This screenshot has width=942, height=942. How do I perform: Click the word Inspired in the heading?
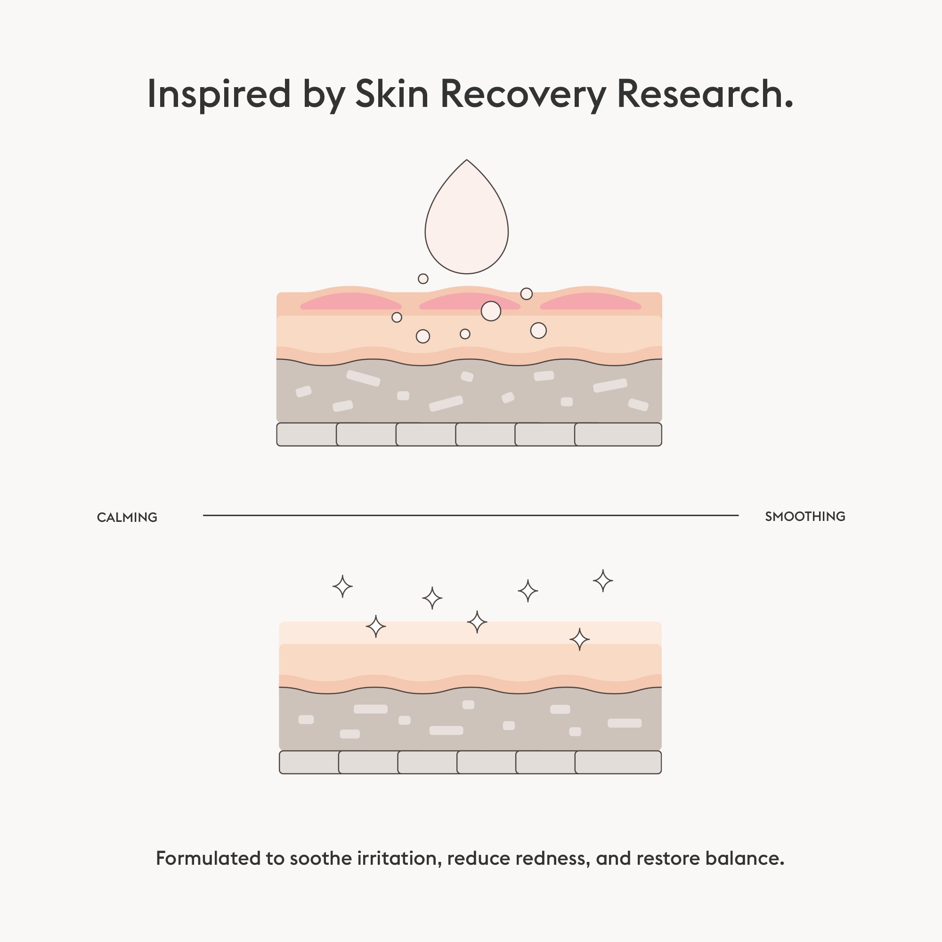tap(219, 94)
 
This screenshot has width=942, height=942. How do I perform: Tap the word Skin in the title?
tap(391, 94)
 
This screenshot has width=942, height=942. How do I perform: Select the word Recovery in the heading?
tap(523, 94)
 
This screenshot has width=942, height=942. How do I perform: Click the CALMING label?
tap(127, 517)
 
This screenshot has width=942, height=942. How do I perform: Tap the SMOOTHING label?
tap(805, 516)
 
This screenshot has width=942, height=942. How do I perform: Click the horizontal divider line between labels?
tap(471, 515)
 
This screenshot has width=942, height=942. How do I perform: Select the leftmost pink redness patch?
tap(350, 301)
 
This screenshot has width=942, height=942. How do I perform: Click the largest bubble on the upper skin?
tap(490, 311)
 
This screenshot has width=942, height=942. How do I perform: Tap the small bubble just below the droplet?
tap(423, 279)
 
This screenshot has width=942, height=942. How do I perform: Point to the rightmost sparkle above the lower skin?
tap(603, 581)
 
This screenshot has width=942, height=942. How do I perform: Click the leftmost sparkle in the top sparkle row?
tap(342, 586)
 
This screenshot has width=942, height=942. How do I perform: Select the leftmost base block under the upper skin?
tap(307, 434)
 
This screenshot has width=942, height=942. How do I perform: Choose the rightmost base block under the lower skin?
tap(618, 762)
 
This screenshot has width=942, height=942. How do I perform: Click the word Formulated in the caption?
tap(208, 859)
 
